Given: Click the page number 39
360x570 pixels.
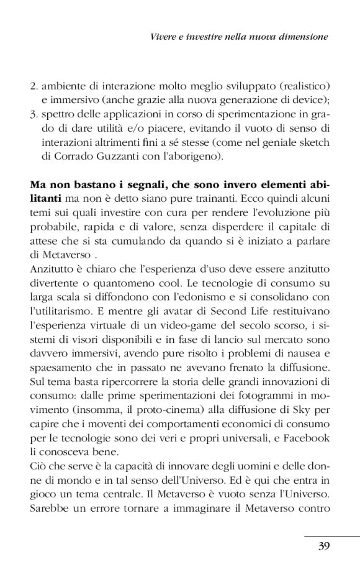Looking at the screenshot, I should (323, 546).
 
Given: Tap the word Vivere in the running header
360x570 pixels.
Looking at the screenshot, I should (165, 37).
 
